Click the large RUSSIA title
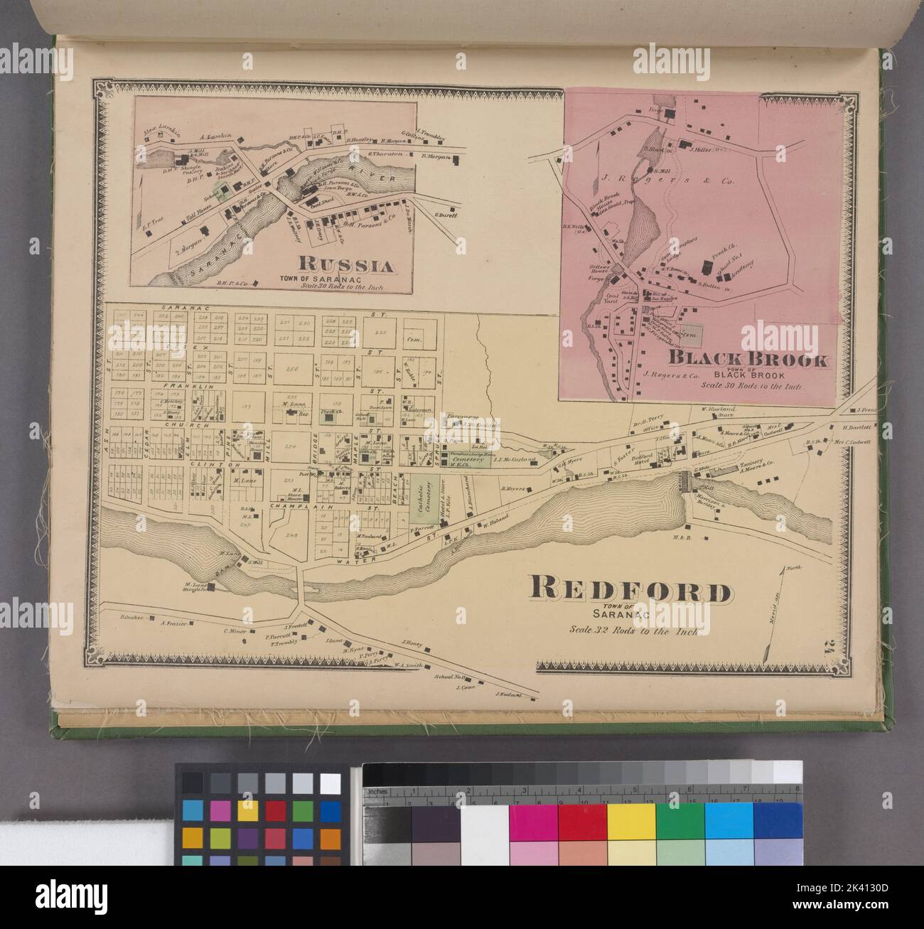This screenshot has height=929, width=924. [346, 266]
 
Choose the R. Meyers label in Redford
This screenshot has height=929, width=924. [512, 488]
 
